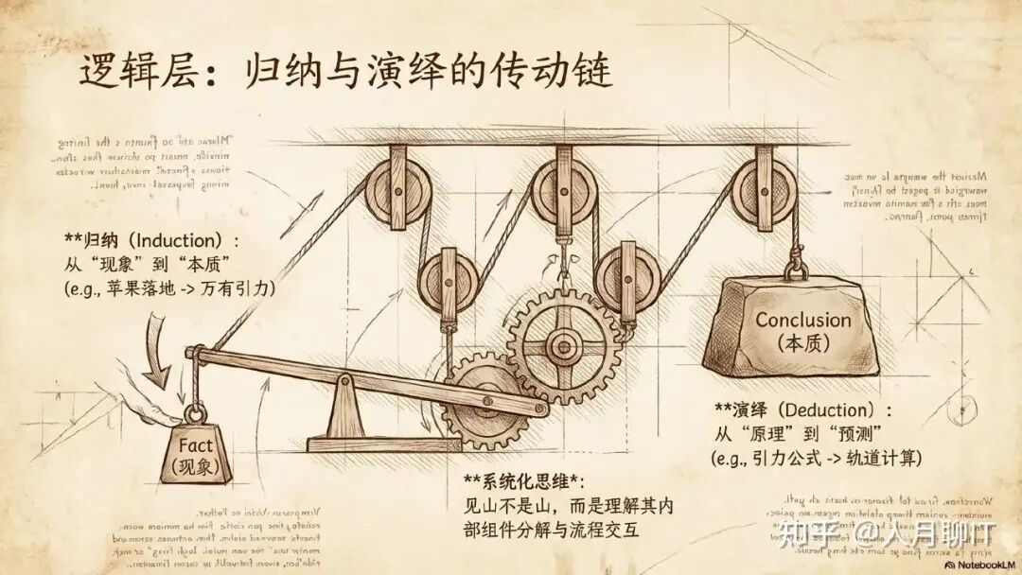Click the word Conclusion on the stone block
802,320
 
